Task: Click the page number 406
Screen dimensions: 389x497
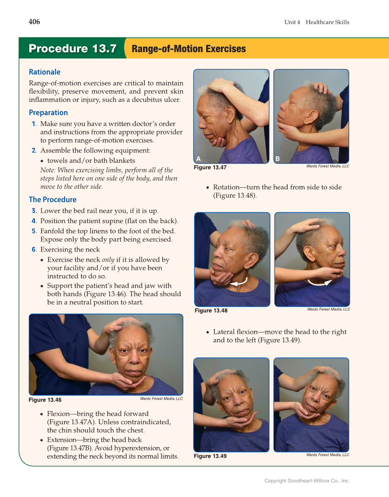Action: coord(34,22)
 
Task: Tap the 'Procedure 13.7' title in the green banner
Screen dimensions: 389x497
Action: coord(72,48)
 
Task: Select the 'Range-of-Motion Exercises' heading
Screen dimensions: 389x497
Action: coord(189,49)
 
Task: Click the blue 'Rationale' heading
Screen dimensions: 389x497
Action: coord(44,72)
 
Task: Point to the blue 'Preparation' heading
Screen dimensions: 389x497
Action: coord(48,112)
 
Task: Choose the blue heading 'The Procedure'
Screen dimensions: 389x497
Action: coord(53,199)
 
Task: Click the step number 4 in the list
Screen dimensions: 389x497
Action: coord(34,221)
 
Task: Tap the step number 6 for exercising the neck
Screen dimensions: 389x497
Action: coord(34,250)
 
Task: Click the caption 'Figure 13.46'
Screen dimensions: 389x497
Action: coord(45,400)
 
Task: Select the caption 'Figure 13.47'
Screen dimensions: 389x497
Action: coord(210,167)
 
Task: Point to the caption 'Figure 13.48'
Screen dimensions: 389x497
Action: coord(211,310)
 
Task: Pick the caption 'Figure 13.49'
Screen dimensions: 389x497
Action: coord(210,456)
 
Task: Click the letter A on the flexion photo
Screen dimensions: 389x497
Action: coord(198,159)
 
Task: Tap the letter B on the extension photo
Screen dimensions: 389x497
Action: coord(278,159)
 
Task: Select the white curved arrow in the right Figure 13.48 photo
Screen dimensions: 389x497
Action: coord(320,283)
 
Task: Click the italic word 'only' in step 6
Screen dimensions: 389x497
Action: coord(108,260)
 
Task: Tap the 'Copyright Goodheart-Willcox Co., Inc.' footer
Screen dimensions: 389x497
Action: coord(307,481)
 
